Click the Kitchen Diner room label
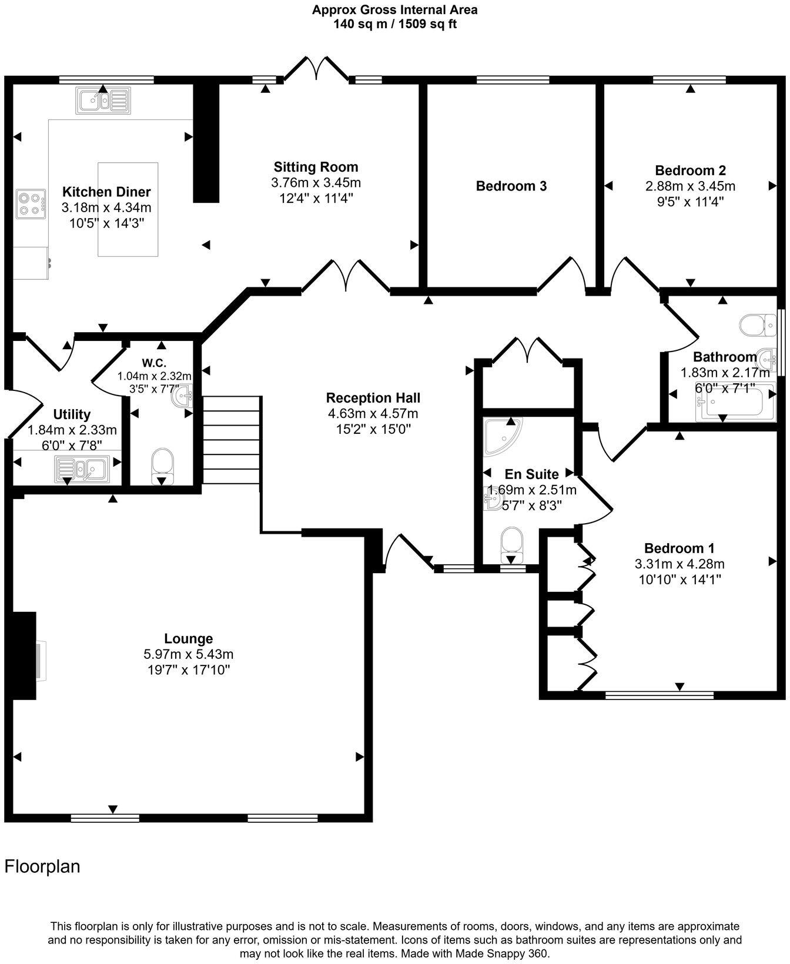[x=106, y=192]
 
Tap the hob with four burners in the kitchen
[x=31, y=204]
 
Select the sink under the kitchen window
[x=103, y=101]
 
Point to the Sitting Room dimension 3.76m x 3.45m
[x=316, y=183]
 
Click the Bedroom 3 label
[x=511, y=186]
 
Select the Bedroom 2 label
[x=690, y=170]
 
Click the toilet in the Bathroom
[x=758, y=324]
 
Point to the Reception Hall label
[x=373, y=398]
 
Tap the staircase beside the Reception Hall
[x=231, y=439]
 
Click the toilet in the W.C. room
[x=163, y=464]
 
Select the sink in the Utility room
[x=81, y=469]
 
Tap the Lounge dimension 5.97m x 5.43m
[x=188, y=654]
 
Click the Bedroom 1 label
[x=679, y=548]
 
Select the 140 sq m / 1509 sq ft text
[x=394, y=24]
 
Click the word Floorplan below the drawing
[x=42, y=866]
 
